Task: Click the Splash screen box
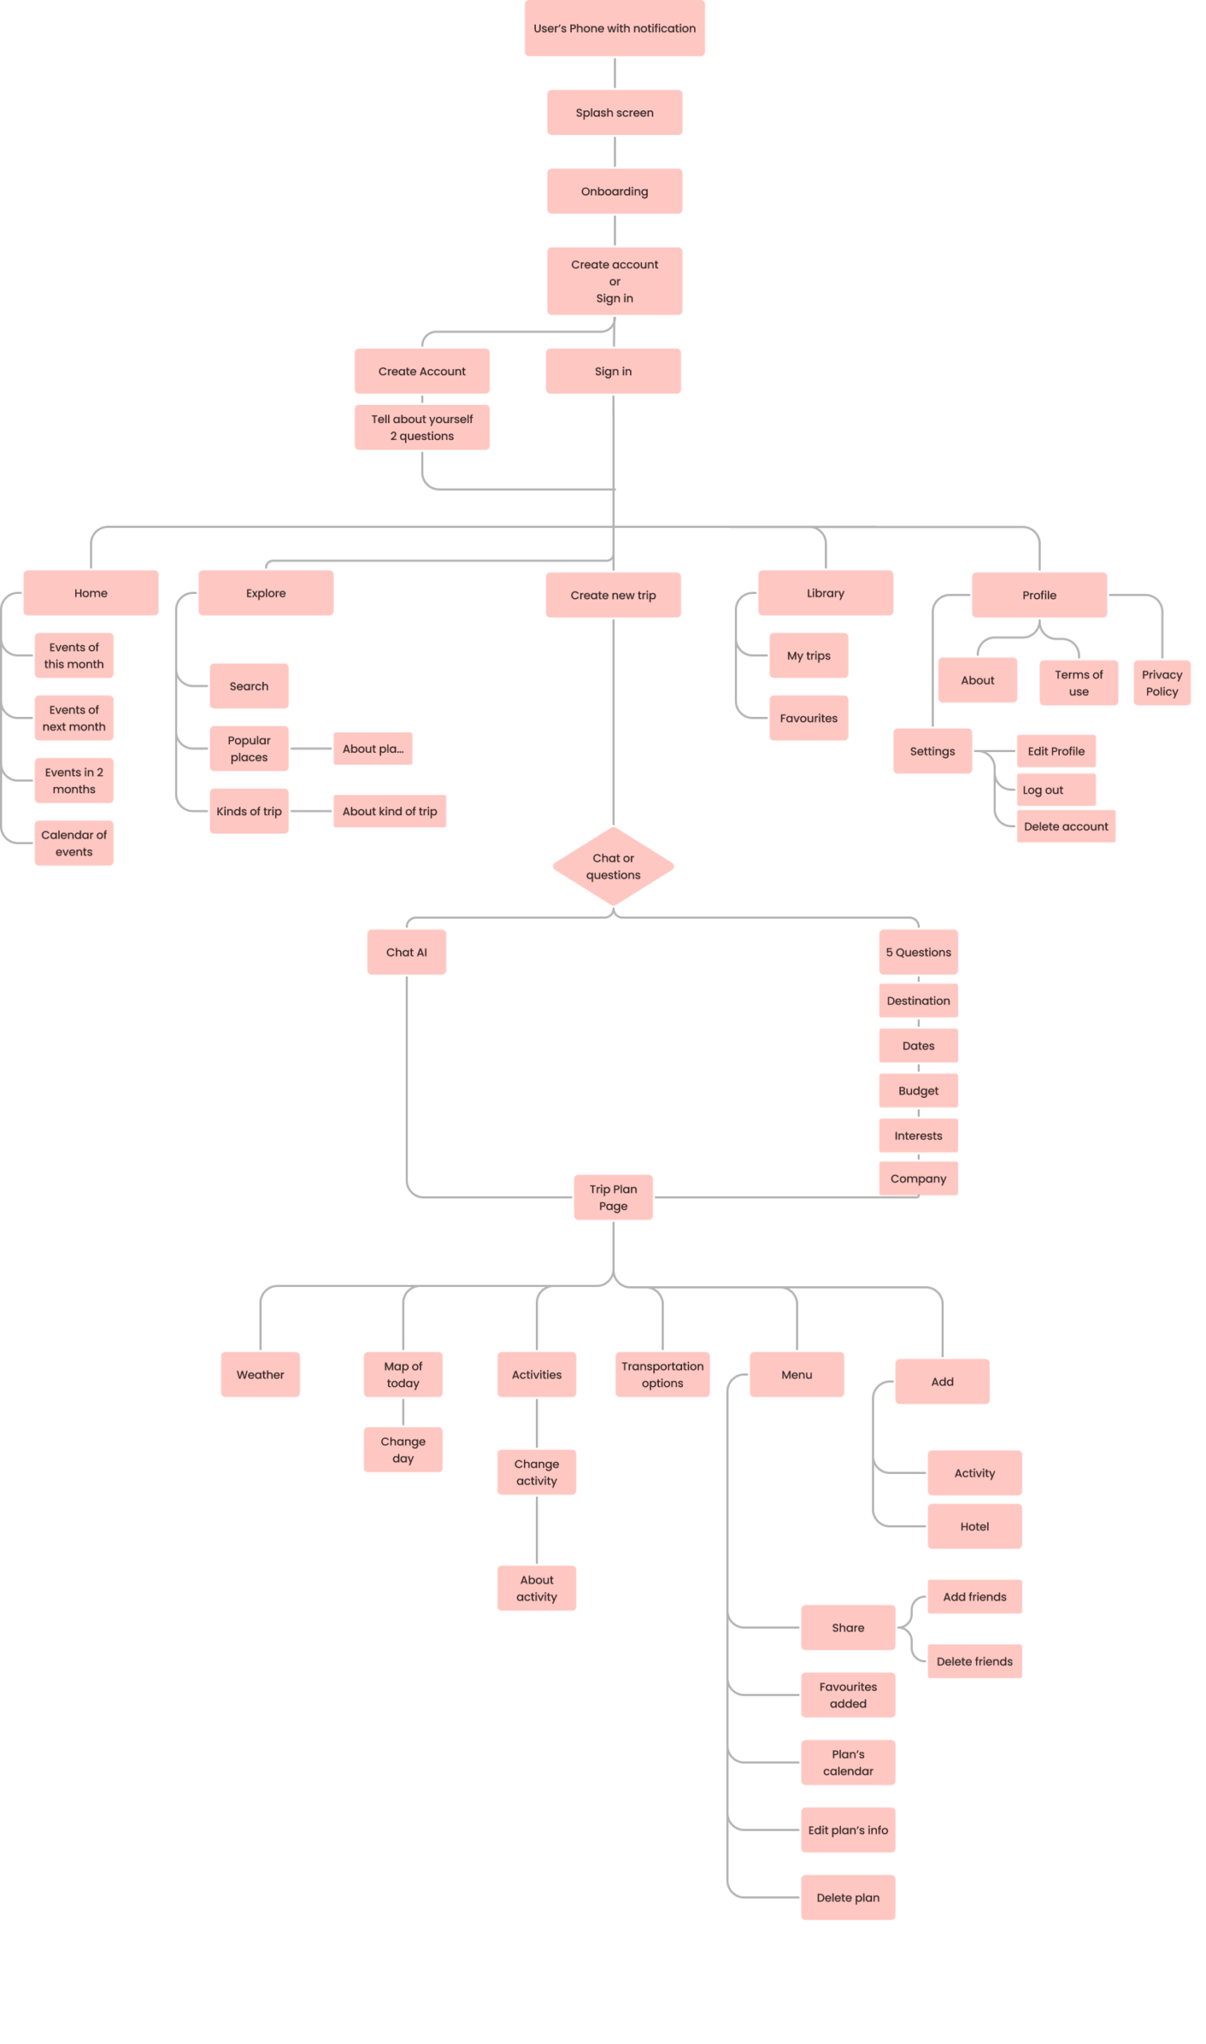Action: click(614, 112)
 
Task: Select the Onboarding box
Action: click(614, 191)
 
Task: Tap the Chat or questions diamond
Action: click(613, 866)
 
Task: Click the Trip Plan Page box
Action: click(613, 1197)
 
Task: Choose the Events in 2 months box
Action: click(74, 780)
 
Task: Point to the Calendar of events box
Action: click(74, 842)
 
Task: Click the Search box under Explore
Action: click(248, 686)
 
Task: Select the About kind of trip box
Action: click(389, 810)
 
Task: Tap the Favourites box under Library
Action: click(808, 717)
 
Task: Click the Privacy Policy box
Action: click(1161, 683)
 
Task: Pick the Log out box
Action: click(1055, 789)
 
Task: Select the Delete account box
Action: click(1065, 826)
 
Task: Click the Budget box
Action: click(918, 1090)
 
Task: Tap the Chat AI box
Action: click(407, 951)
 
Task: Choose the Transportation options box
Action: click(662, 1374)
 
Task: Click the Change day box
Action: click(403, 1449)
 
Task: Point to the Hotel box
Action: click(974, 1526)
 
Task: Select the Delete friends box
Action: click(974, 1661)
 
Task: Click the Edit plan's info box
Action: click(847, 1829)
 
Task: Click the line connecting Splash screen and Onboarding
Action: click(614, 152)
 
